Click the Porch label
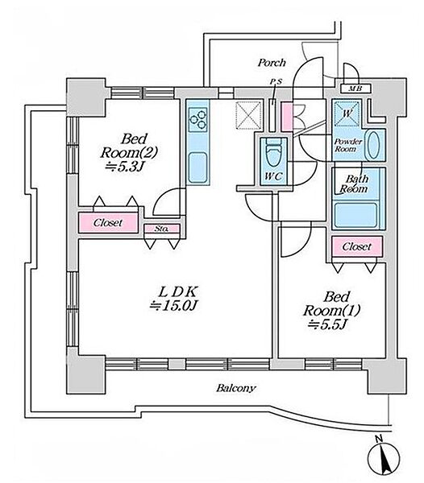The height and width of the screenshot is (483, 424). (272, 63)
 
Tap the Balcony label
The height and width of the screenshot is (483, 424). (236, 388)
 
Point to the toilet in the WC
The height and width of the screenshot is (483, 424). (273, 153)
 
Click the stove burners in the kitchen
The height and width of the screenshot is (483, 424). (198, 119)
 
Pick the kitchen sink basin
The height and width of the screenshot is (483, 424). (197, 167)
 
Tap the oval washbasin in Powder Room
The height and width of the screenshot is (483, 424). (374, 145)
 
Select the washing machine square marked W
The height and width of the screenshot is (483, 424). (347, 114)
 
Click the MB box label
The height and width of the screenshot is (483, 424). (355, 89)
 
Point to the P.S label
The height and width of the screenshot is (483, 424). (276, 82)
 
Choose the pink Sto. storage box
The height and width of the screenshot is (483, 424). (162, 229)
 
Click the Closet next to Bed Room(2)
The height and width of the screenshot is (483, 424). (108, 223)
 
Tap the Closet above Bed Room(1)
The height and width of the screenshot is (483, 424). (357, 246)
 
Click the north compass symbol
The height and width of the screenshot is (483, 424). (385, 458)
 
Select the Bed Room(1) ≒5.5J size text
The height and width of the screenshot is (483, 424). (331, 311)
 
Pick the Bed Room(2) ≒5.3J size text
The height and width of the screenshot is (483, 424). (129, 152)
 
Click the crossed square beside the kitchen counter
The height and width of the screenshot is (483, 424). (248, 115)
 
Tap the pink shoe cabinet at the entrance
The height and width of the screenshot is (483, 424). (287, 117)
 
